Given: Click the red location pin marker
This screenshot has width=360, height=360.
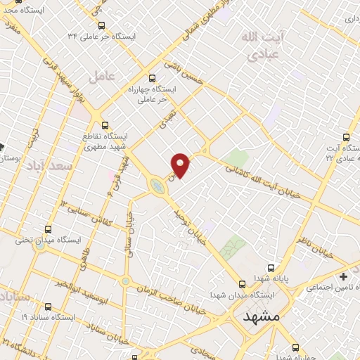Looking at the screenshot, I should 181,165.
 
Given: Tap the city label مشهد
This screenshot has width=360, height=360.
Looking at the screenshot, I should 261,317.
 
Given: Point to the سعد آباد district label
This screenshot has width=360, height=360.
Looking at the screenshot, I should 48,167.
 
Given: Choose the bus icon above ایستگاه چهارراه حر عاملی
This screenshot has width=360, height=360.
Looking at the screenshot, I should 153,78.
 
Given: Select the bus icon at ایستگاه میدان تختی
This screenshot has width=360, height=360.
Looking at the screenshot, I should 49,229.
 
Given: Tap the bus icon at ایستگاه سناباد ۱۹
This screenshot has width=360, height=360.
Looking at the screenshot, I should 49,307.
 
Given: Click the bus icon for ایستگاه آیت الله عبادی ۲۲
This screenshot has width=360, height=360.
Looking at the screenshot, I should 345,136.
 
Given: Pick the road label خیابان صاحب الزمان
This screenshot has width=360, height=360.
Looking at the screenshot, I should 173,299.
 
